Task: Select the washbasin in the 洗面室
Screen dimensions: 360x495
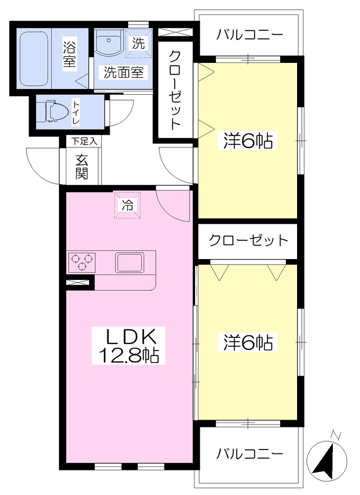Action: [x=109, y=42]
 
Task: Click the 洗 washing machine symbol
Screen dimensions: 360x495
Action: [x=138, y=43]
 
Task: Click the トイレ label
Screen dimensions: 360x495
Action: [x=76, y=112]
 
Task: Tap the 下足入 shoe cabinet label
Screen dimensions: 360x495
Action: [x=84, y=141]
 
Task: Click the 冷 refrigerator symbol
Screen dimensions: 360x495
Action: [x=127, y=205]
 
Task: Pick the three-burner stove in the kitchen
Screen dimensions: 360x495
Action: [x=81, y=262]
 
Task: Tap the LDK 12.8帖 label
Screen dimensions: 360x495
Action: [x=128, y=346]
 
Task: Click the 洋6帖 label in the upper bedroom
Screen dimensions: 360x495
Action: [x=248, y=141]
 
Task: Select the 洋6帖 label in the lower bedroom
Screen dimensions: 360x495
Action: [x=248, y=342]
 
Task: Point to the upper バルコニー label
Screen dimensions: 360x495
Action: [x=249, y=35]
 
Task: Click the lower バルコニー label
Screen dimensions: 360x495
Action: [x=249, y=454]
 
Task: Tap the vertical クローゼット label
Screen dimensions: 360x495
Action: [x=175, y=90]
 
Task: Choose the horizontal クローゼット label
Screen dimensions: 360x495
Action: [x=248, y=241]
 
